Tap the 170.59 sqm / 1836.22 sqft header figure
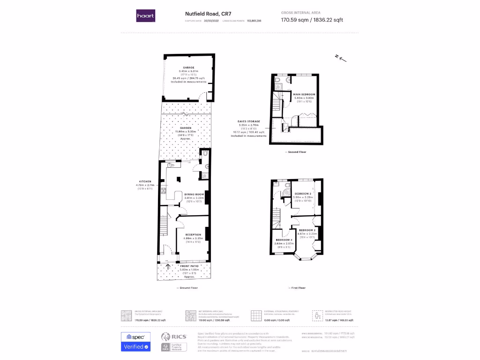(x=312, y=20)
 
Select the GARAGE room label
(x=188, y=67)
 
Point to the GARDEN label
(x=186, y=128)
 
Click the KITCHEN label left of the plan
(x=145, y=181)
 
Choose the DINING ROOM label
(x=194, y=194)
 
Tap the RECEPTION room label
(x=193, y=234)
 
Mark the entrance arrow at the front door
(x=168, y=268)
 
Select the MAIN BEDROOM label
(x=304, y=94)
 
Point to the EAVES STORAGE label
(x=249, y=121)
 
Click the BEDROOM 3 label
(x=303, y=194)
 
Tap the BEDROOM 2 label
(x=307, y=230)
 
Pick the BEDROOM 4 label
(x=284, y=240)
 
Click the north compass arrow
(x=341, y=58)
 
